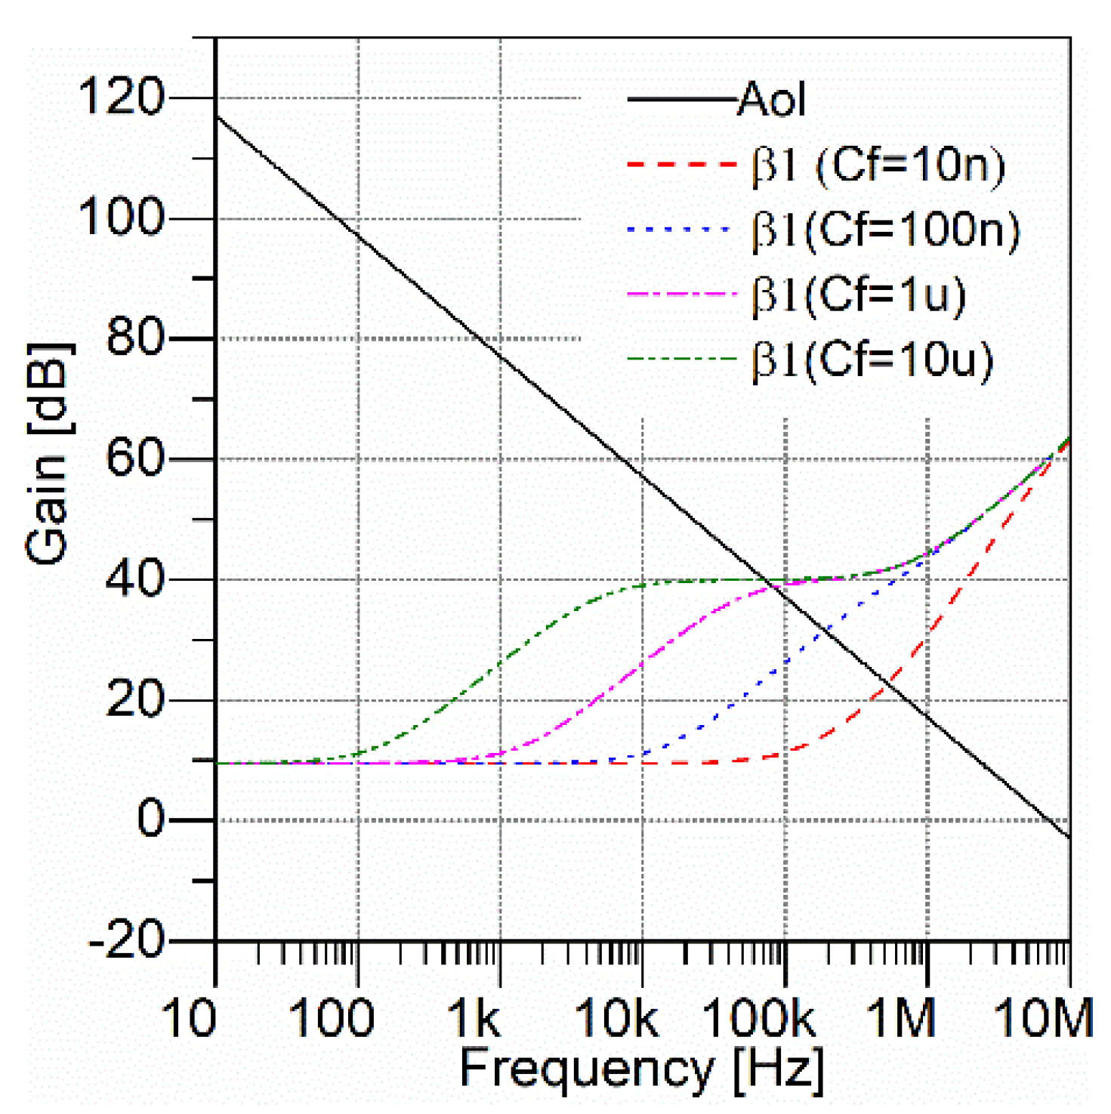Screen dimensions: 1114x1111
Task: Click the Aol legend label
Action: point(771,100)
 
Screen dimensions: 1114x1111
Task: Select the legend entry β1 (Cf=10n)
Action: point(878,165)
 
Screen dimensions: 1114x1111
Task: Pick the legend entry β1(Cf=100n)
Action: point(885,230)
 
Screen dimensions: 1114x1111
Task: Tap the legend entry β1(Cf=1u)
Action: point(859,295)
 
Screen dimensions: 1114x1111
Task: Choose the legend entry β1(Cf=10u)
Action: point(872,360)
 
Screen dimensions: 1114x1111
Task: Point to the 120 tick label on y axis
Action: point(121,97)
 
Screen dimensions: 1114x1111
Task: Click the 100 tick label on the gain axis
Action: point(121,218)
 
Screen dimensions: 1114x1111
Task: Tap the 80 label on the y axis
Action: point(135,338)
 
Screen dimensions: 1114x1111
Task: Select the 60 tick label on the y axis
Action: point(135,458)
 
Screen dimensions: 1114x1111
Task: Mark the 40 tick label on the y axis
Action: point(135,579)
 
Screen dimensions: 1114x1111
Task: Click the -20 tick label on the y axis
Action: point(126,941)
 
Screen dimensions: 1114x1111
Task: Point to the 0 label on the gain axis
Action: point(150,819)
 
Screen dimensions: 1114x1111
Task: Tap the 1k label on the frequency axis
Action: point(474,1018)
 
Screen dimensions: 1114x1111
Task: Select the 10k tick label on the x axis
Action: point(616,1018)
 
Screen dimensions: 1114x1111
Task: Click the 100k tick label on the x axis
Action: point(759,1018)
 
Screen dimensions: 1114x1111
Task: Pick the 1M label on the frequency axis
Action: point(900,1018)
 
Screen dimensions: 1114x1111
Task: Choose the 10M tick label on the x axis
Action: point(1043,1018)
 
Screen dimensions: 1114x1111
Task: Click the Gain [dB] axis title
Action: point(49,453)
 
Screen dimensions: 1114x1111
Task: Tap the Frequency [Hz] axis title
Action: point(641,1069)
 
